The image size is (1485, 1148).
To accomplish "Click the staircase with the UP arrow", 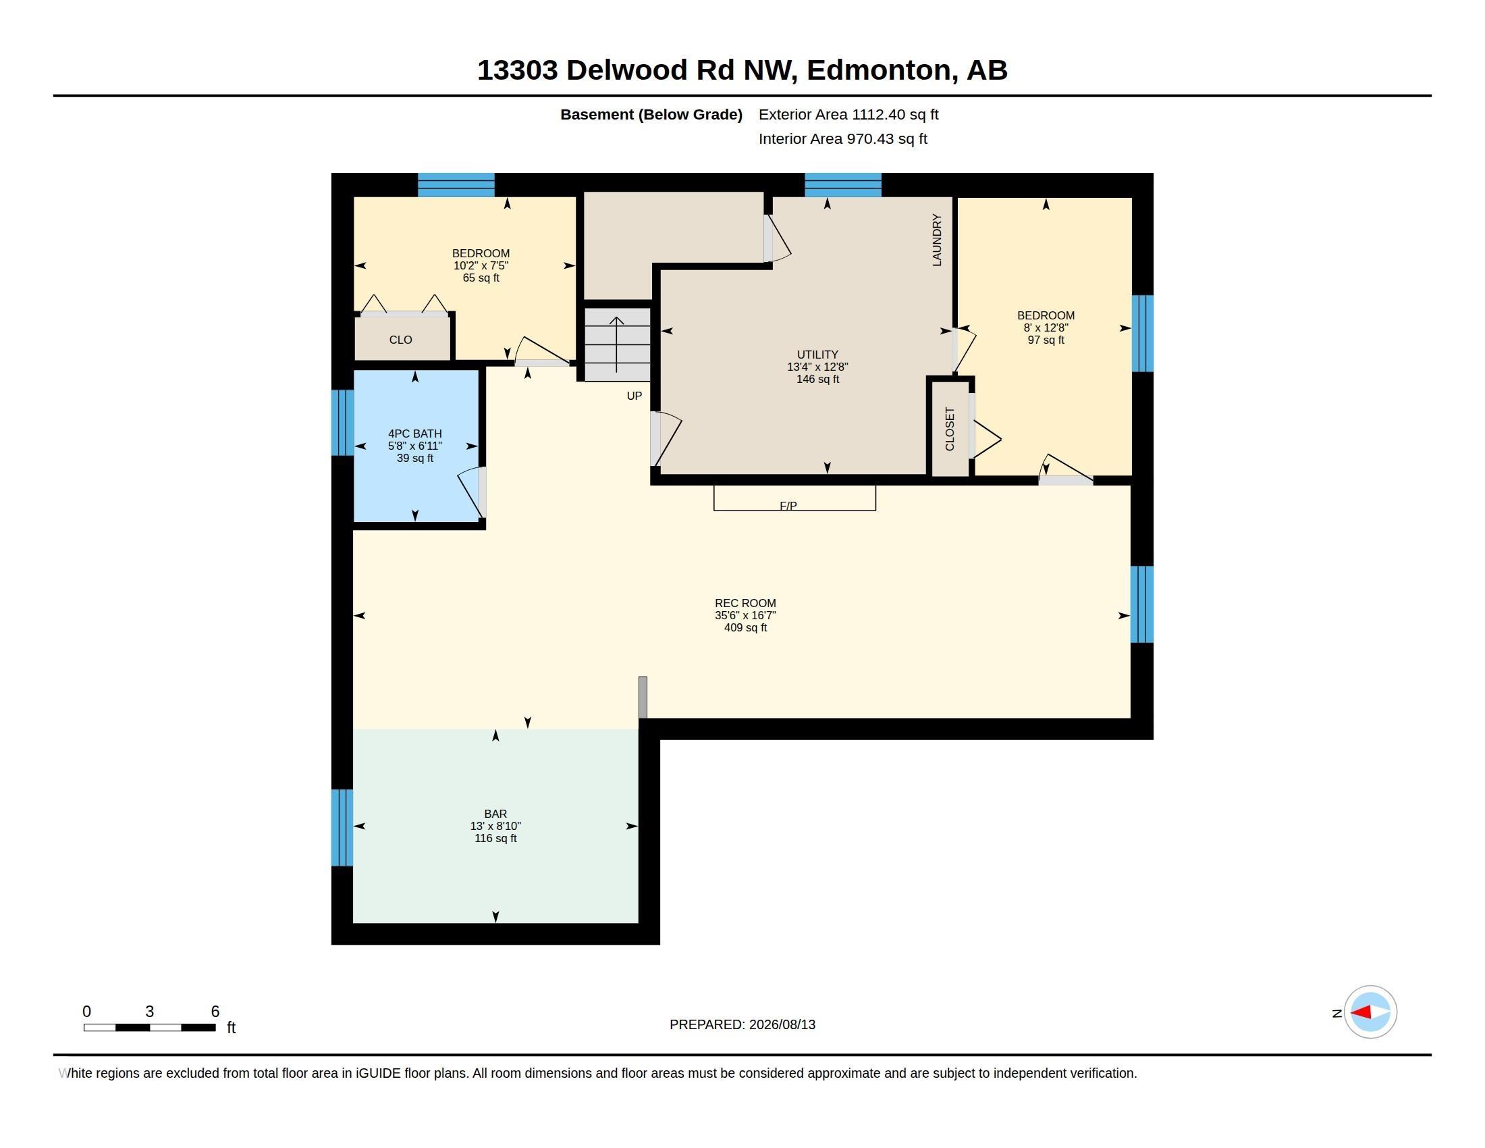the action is [x=618, y=344].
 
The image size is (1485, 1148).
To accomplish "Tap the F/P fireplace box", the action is [x=794, y=498].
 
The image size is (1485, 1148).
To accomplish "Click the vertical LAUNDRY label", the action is [x=937, y=240].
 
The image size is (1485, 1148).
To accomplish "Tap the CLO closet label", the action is [x=400, y=340].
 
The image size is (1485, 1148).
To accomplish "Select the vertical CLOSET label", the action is [x=950, y=428].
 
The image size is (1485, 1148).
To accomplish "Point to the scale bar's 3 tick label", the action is [x=150, y=1012].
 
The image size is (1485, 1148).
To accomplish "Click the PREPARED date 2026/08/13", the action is [x=782, y=1024].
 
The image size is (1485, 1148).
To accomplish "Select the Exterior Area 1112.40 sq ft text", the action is [x=848, y=114].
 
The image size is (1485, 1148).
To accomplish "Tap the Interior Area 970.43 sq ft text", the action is [x=842, y=138].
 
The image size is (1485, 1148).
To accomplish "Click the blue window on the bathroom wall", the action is [x=342, y=422].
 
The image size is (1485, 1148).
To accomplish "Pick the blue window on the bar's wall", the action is [x=342, y=828].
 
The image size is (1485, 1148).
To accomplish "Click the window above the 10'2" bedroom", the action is [x=456, y=185].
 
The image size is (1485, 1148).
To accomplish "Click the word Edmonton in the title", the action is [x=878, y=70].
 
